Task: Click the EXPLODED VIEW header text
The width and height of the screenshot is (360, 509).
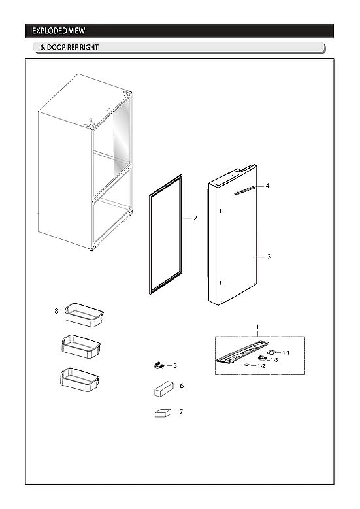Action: pyautogui.click(x=59, y=31)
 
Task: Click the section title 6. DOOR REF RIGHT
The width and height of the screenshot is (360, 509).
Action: pyautogui.click(x=70, y=48)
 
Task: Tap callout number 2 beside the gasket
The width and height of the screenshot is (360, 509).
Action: pyautogui.click(x=195, y=218)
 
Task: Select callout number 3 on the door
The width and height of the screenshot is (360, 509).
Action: pyautogui.click(x=269, y=257)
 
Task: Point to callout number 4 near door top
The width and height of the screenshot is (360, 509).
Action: pyautogui.click(x=267, y=186)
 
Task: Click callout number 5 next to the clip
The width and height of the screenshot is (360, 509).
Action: pyautogui.click(x=175, y=365)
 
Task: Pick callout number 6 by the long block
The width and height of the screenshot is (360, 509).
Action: pyautogui.click(x=182, y=386)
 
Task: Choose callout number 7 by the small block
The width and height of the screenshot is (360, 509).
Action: pyautogui.click(x=181, y=412)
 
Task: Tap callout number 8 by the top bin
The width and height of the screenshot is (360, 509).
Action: pyautogui.click(x=57, y=310)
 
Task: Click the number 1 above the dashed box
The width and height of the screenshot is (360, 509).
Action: pyautogui.click(x=257, y=327)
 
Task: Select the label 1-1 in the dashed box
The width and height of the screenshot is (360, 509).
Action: pyautogui.click(x=286, y=353)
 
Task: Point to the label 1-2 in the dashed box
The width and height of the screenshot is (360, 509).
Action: pyautogui.click(x=261, y=367)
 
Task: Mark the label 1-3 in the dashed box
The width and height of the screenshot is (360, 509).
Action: pyautogui.click(x=274, y=360)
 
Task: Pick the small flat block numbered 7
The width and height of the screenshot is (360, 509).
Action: pyautogui.click(x=162, y=413)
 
